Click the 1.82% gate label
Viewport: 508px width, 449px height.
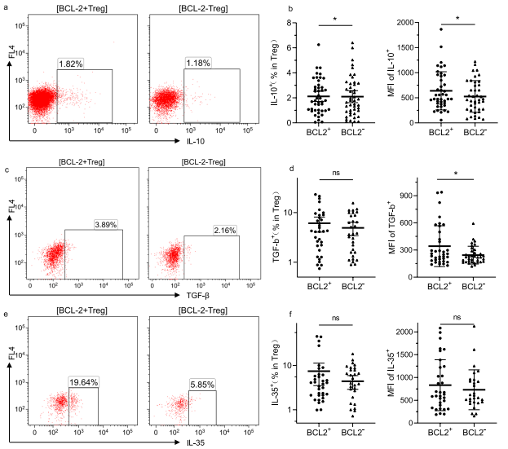70,63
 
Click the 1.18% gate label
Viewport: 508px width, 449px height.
197,63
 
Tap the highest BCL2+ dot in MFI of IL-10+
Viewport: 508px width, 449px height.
441,29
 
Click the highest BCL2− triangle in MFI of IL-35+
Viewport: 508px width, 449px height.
473,326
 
